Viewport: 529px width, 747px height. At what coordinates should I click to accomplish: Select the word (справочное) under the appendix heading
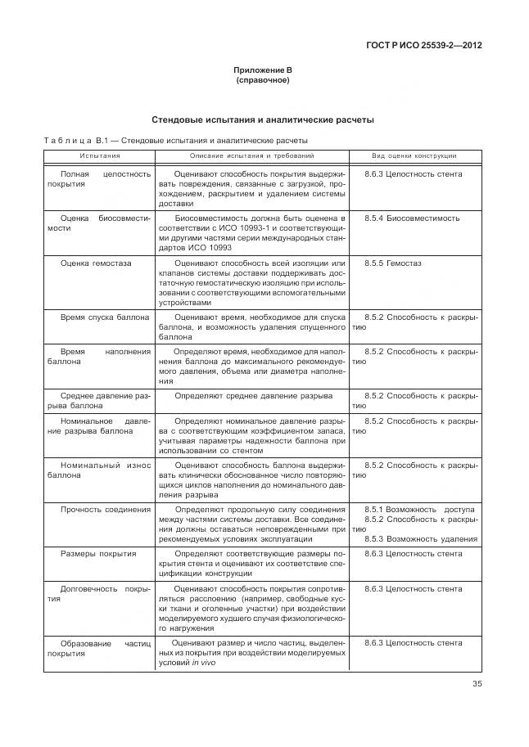click(x=262, y=81)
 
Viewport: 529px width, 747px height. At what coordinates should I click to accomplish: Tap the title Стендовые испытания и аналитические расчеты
click(x=262, y=120)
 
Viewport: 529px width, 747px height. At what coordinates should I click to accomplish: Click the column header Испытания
click(x=99, y=155)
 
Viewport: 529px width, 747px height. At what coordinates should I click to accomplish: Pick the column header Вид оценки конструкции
click(x=414, y=155)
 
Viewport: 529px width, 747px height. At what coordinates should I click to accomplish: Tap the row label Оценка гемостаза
click(x=96, y=263)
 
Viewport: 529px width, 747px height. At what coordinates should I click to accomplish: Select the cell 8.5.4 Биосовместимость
click(x=412, y=218)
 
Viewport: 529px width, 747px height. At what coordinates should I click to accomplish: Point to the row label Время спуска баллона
click(x=105, y=317)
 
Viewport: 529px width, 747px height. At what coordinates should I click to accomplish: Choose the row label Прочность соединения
click(x=106, y=510)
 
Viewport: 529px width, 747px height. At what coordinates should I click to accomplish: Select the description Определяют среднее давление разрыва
click(x=253, y=396)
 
